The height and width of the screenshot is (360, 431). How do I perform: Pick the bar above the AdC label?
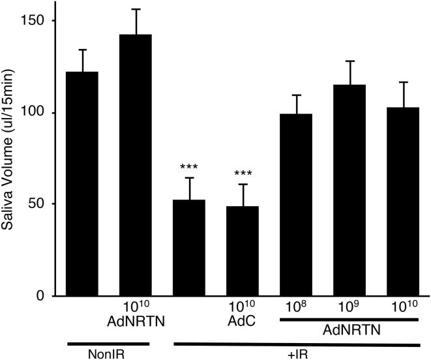243,251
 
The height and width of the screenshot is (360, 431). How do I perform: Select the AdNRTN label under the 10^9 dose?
349,331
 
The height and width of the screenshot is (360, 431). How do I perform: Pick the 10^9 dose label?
349,306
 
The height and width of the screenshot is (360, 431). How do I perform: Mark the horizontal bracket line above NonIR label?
109,343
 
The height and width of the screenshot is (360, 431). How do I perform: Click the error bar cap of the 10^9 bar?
349,61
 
